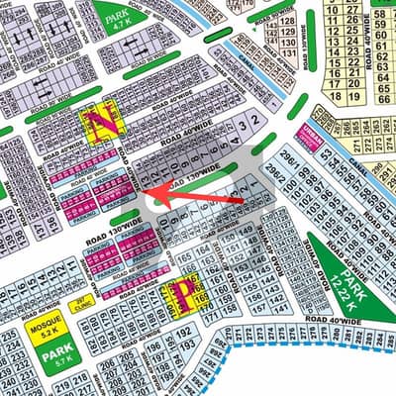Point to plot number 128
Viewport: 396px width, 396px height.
pos(287,20)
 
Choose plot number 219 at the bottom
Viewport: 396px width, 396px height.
pos(61,377)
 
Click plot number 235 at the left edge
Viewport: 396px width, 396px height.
pos(8,336)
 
